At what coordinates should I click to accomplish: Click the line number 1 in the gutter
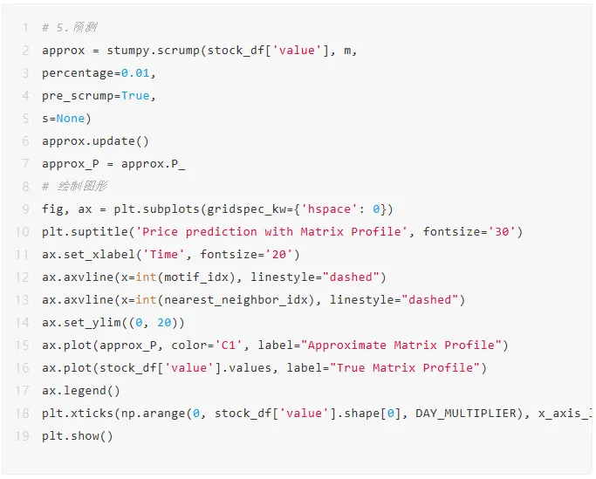click(25, 28)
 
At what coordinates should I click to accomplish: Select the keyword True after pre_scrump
click(135, 96)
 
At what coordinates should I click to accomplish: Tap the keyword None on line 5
click(71, 119)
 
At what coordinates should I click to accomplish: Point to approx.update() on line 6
click(95, 141)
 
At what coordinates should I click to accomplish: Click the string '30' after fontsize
click(504, 232)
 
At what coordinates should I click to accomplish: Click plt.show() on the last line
click(78, 436)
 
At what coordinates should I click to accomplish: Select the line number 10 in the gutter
click(22, 232)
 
